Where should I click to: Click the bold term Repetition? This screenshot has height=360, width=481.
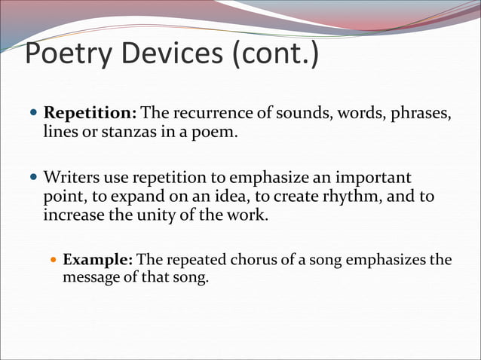tap(90, 114)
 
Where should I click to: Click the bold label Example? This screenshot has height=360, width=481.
tap(98, 260)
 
